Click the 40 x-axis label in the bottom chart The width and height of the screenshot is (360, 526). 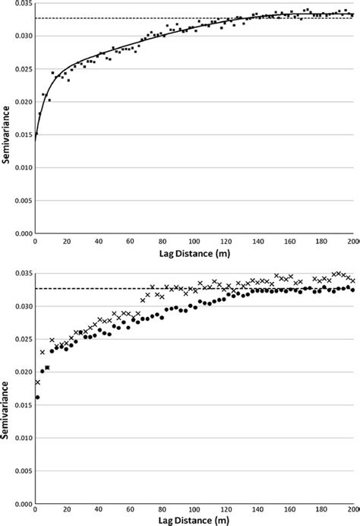point(99,512)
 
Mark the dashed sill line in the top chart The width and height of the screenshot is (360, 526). point(152,18)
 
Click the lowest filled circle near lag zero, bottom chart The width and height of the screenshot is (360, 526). point(37,398)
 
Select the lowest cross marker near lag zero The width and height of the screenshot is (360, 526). point(37,382)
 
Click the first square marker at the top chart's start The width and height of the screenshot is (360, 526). point(36,134)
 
